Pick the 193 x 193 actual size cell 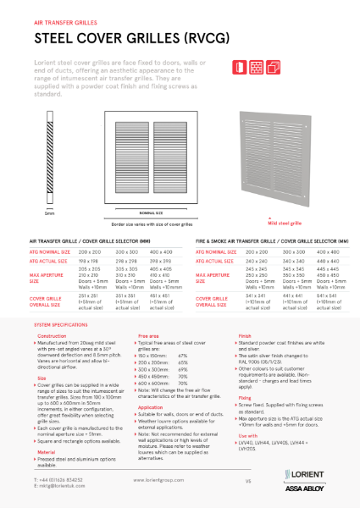pos(89,263)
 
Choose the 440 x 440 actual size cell pos(328,262)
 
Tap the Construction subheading pos(52,335)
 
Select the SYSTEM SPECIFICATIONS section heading pos(63,325)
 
